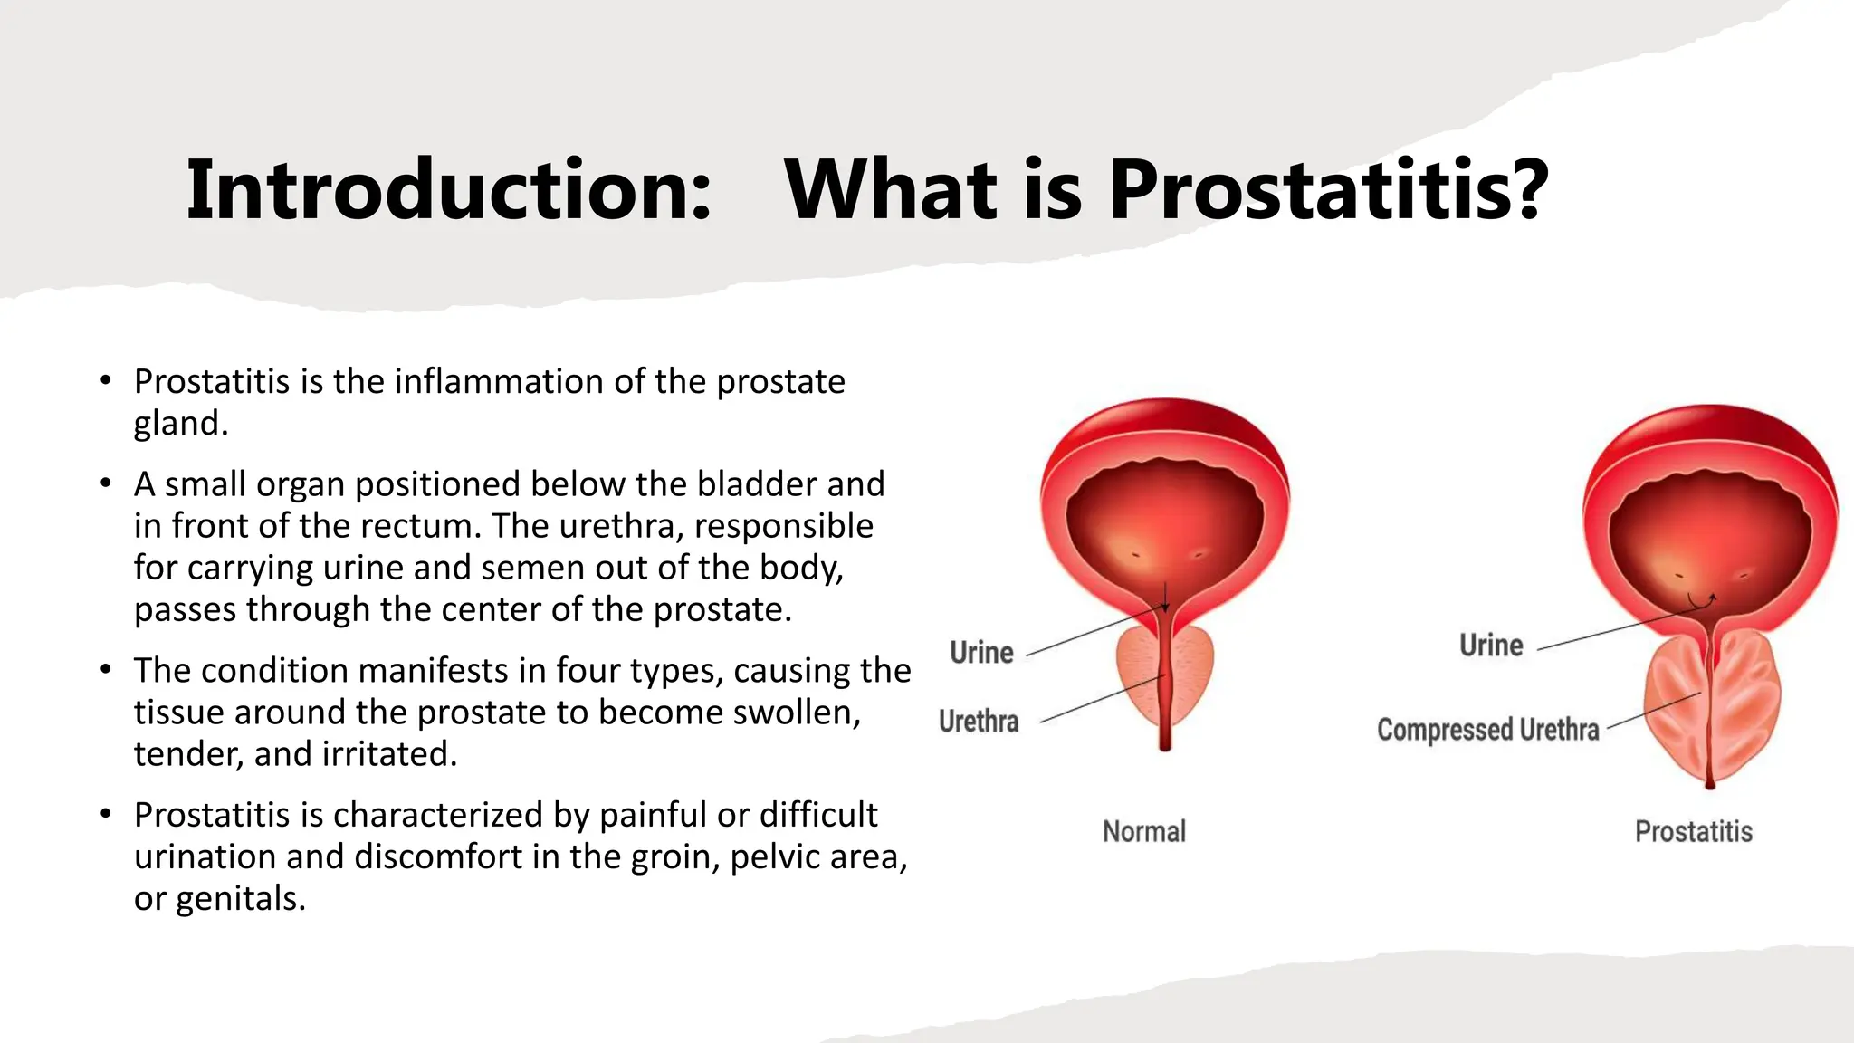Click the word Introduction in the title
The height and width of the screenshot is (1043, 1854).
tap(448, 190)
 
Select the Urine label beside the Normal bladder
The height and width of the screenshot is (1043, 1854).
tap(981, 653)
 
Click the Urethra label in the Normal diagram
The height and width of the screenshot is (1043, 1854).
tap(979, 722)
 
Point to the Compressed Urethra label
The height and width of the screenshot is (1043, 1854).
tap(1487, 730)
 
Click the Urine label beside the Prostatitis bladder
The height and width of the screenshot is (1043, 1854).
tap(1491, 646)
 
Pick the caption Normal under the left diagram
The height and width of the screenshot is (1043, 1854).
tap(1144, 831)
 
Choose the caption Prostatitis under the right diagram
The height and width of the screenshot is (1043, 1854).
tap(1693, 831)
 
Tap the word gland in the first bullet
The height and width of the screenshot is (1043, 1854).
tap(179, 424)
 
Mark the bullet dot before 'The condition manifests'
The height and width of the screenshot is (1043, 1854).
tap(106, 670)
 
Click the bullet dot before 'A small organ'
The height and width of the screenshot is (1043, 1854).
tap(106, 483)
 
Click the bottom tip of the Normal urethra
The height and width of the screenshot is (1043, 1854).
tap(1165, 746)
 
